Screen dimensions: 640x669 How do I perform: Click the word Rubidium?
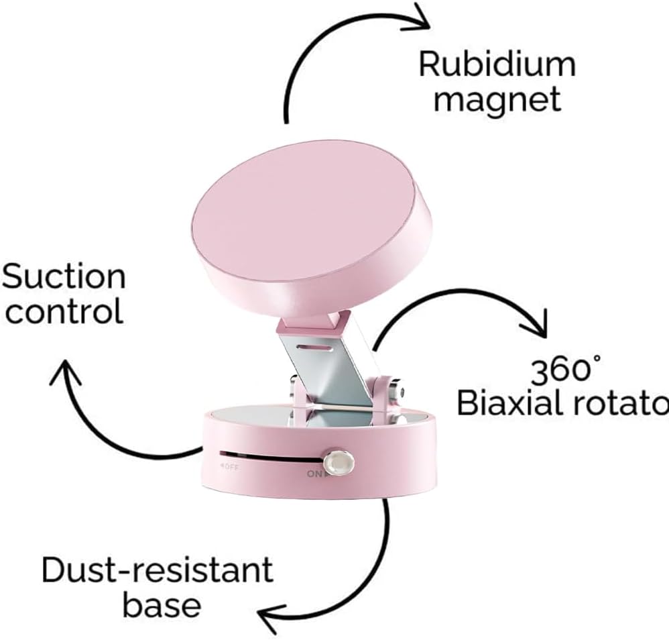[x=497, y=66]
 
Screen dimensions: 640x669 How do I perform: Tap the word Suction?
[x=64, y=277]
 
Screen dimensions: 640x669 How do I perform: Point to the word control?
[x=63, y=311]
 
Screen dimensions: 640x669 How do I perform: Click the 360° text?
[x=565, y=370]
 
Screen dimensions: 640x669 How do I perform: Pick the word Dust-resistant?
[x=157, y=570]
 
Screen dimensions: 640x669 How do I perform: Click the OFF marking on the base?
[x=228, y=468]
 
